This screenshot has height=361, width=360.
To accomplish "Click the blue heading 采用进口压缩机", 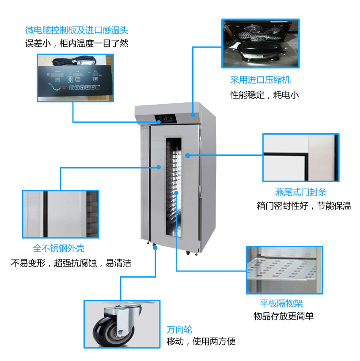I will tap(260, 80).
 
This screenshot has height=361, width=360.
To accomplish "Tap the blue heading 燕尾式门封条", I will tap(301, 192).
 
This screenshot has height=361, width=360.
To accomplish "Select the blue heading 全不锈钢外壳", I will tap(58, 248).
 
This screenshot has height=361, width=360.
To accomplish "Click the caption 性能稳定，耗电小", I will tap(265, 94).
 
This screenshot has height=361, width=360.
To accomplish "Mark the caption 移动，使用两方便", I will tap(201, 341).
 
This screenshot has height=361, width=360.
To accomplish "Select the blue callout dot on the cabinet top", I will tap(193, 115).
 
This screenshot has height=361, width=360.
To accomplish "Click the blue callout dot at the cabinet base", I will tap(155, 248).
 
